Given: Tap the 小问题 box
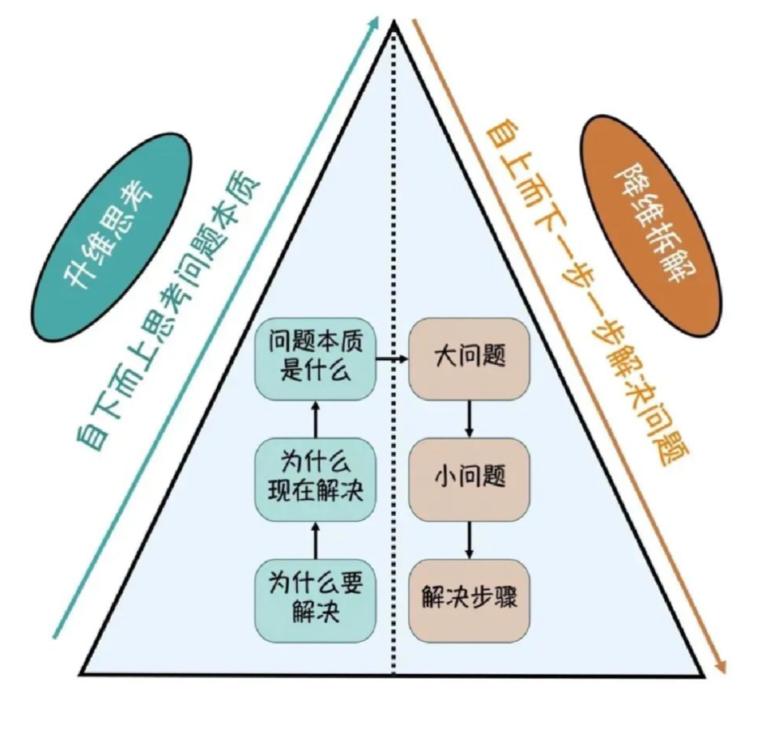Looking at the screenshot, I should coord(469,477).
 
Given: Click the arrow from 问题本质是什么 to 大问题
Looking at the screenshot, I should coord(391,359).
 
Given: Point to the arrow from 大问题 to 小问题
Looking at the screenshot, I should coord(469,416).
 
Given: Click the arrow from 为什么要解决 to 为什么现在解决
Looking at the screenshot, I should coord(315,540).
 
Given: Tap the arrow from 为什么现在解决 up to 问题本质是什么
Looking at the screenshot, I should coord(315,418).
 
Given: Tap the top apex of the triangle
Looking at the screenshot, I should coord(393,24).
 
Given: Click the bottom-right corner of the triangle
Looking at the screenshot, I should coord(704,675).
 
